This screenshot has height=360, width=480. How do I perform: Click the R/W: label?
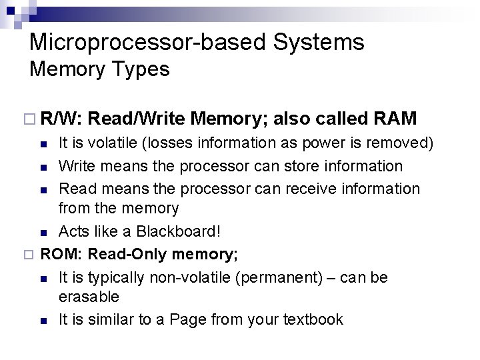pyautogui.click(x=61, y=119)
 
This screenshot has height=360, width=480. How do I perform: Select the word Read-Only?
pyautogui.click(x=128, y=254)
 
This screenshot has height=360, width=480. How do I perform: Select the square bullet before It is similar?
pyautogui.click(x=43, y=321)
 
